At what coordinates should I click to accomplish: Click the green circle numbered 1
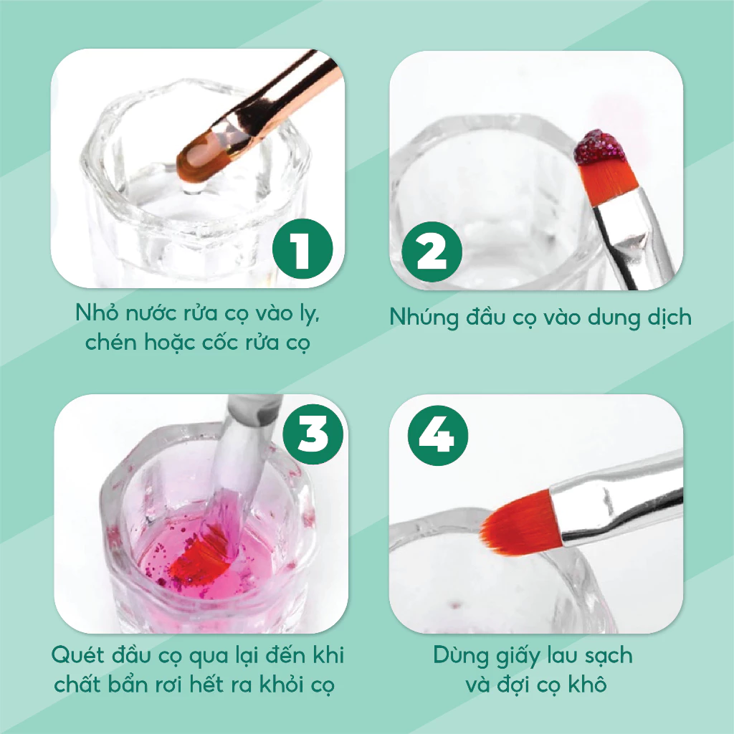point(302,249)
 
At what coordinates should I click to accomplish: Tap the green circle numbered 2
point(432,252)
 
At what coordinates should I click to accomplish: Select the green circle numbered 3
point(313,434)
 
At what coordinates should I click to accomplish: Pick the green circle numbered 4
point(438,435)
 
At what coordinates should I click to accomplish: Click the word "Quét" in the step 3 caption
point(77,655)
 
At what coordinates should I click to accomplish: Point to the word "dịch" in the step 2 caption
point(669,318)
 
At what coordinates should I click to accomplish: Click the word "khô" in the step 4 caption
point(588,685)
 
